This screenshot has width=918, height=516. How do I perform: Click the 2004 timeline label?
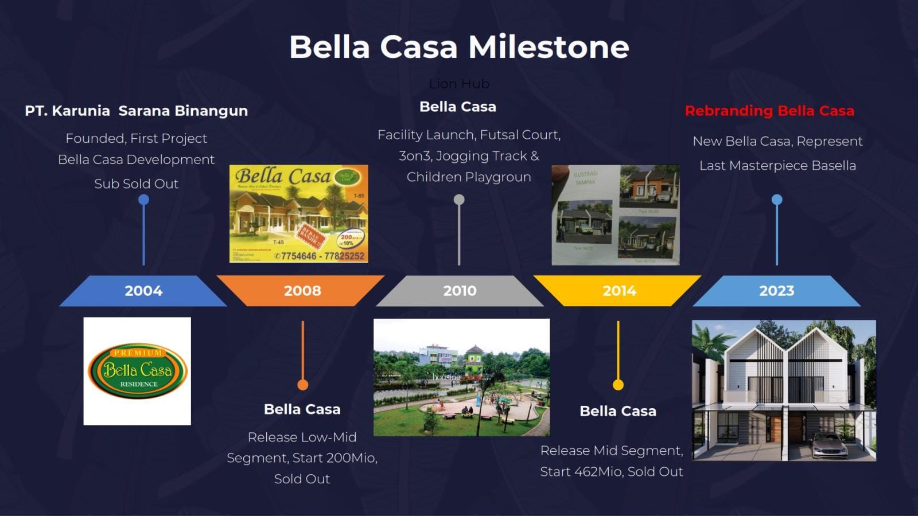[x=143, y=291]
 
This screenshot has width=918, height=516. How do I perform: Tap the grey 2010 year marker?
[x=460, y=291]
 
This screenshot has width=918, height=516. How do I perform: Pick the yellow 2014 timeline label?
[x=619, y=291]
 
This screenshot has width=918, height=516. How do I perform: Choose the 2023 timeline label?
[x=776, y=291]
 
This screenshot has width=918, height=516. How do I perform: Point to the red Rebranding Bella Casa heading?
[x=769, y=111]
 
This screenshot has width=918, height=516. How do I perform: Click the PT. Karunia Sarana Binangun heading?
[x=137, y=111]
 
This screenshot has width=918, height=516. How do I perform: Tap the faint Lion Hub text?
[x=459, y=84]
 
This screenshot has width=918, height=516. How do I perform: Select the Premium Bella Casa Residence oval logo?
[x=138, y=371]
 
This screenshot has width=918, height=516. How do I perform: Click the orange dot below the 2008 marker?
[x=302, y=385]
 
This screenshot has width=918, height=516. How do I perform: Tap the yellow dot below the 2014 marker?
[x=618, y=385]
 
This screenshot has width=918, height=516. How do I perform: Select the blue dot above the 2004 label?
[x=143, y=200]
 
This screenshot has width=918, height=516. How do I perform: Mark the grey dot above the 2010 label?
[x=459, y=200]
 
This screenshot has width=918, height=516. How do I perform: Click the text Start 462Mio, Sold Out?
[x=612, y=472]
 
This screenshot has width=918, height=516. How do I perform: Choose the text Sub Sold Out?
[x=137, y=184]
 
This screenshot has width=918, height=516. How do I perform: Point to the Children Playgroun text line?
[x=469, y=177]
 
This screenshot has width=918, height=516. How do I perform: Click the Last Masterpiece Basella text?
[x=777, y=166]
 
